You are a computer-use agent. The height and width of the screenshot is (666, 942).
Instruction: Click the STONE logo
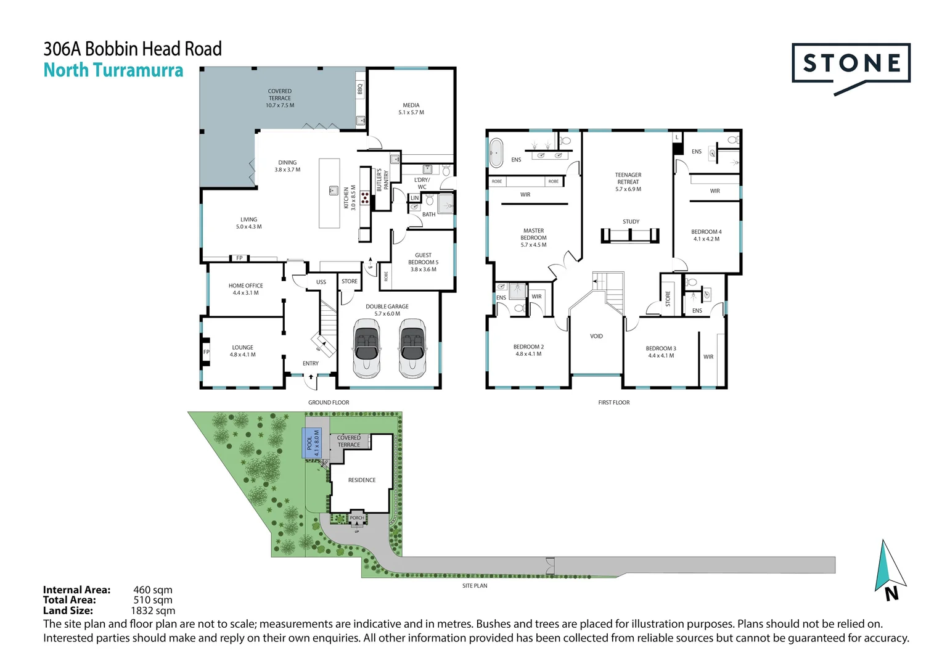(x=851, y=64)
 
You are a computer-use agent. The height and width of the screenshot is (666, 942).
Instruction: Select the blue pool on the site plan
(x=312, y=443)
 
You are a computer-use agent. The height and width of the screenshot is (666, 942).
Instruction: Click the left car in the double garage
(x=367, y=348)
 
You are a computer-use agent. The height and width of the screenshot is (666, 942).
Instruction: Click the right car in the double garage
(x=412, y=348)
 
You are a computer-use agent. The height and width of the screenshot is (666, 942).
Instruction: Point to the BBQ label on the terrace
(x=360, y=89)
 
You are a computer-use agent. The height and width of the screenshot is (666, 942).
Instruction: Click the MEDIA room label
(x=411, y=105)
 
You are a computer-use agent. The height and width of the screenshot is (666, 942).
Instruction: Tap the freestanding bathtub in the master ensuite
(x=496, y=152)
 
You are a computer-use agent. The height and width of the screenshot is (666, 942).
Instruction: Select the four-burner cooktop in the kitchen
(x=365, y=198)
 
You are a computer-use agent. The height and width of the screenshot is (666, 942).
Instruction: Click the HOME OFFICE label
(x=245, y=286)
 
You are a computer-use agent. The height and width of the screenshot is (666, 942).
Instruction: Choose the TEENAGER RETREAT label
(x=628, y=178)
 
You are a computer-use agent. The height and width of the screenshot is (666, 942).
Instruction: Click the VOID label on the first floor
(x=596, y=336)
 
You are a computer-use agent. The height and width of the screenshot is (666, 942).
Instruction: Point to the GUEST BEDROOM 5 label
(x=423, y=258)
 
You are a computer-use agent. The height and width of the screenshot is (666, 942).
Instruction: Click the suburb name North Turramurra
(x=113, y=70)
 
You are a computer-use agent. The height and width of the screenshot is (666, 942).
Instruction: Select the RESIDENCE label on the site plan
(x=362, y=480)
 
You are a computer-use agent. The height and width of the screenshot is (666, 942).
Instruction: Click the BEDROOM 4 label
(x=706, y=232)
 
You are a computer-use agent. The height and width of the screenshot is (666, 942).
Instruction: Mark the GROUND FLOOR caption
(x=329, y=402)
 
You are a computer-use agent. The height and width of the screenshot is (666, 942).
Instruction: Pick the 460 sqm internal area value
(x=153, y=590)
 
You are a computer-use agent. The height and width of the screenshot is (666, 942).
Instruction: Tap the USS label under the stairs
(x=321, y=282)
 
